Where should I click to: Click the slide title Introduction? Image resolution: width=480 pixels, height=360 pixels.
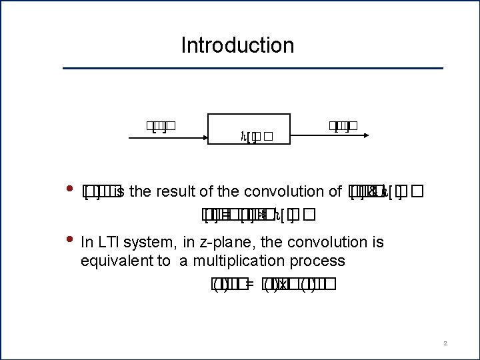click(237, 45)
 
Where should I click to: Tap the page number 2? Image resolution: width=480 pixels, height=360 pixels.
click(445, 343)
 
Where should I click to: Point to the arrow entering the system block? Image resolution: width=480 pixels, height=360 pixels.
click(167, 138)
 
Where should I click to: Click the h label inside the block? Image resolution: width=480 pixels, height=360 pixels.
click(243, 138)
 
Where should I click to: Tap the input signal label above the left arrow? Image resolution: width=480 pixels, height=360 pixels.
click(161, 125)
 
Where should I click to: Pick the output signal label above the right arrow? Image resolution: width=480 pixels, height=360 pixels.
click(343, 125)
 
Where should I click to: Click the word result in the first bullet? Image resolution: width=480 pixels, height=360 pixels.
click(175, 192)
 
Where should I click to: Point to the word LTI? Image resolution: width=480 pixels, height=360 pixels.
click(111, 242)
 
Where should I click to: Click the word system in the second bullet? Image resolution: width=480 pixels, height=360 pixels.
click(155, 243)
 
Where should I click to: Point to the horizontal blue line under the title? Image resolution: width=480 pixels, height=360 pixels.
click(253, 68)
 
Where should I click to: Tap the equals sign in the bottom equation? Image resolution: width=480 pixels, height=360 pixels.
click(249, 285)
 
